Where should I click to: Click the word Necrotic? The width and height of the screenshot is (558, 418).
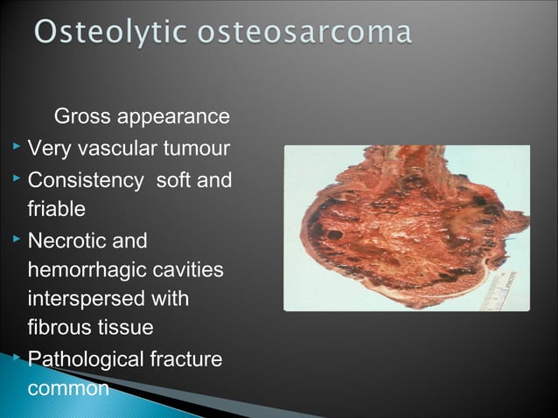click(x=69, y=240)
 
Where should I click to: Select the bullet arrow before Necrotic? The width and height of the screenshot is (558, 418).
click(x=15, y=239)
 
